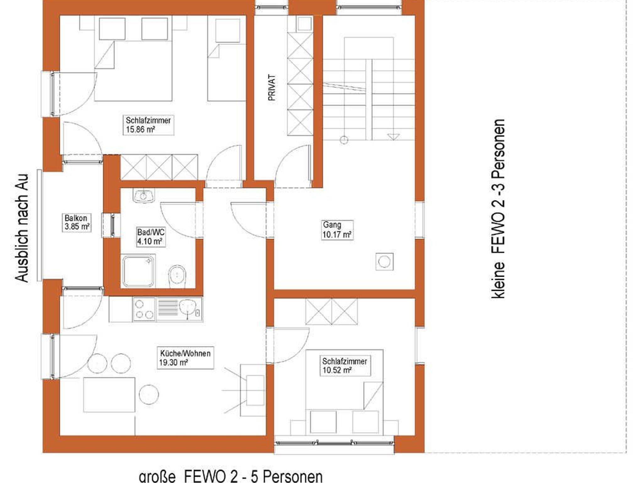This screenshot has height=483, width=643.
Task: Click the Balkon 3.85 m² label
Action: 77,222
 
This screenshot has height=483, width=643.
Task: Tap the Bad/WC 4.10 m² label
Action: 151,237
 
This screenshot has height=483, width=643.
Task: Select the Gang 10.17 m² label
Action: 337,230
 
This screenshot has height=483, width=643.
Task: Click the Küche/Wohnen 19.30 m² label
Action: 185,358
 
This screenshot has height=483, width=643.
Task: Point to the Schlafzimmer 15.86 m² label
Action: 148,125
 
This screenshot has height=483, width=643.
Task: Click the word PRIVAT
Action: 272,88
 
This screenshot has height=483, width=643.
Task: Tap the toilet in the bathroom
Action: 177,276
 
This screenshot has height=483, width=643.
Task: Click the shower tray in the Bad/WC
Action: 138,271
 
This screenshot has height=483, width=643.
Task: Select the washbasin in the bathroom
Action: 143,196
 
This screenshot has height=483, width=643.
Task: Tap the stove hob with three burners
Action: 144,309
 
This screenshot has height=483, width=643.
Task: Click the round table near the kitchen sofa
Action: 149,394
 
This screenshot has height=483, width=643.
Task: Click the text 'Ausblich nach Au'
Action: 22,228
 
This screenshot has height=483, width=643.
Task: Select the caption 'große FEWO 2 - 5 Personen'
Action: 230,476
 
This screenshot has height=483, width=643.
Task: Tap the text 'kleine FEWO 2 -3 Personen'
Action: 498,209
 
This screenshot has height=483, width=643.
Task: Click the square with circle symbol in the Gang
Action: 384,261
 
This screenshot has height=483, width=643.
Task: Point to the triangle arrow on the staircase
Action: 393,137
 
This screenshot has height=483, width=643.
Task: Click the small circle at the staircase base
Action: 344,140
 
